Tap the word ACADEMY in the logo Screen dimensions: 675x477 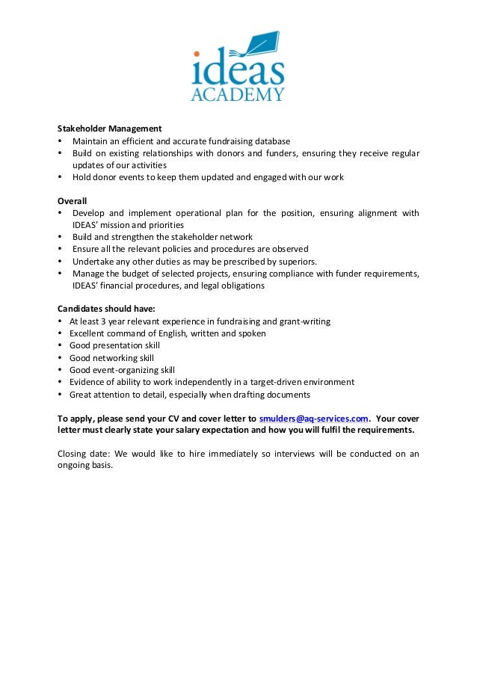(238, 95)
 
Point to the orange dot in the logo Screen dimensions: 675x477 (197, 54)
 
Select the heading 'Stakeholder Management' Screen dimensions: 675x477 (110, 129)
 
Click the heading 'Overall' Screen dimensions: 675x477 (73, 201)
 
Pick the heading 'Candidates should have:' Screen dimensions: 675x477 (106, 309)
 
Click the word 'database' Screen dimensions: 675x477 (272, 141)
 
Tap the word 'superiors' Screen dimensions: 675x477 (297, 262)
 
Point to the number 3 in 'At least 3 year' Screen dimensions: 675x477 (102, 321)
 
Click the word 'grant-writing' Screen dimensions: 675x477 (304, 321)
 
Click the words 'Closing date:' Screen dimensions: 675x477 (83, 454)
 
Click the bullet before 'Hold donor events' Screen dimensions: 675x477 (60, 177)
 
